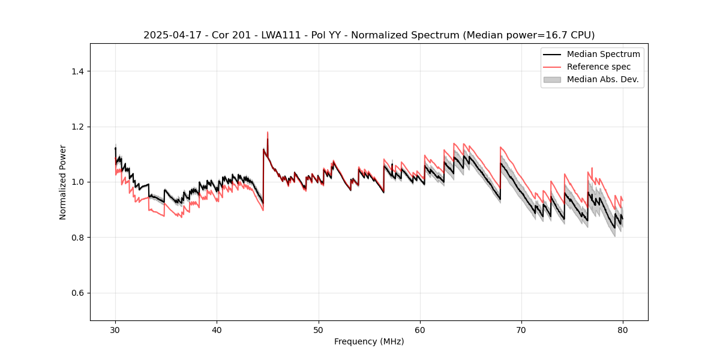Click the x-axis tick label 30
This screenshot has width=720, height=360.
click(115, 330)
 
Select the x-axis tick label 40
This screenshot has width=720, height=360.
click(217, 330)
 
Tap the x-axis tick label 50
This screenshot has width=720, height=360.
click(319, 330)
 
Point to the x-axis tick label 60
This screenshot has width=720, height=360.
click(420, 330)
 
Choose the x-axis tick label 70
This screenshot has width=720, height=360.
click(521, 330)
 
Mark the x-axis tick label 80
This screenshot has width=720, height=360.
click(623, 330)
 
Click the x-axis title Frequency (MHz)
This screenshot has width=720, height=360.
click(369, 342)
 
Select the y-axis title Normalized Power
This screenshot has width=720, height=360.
click(63, 182)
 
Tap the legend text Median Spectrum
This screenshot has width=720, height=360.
click(603, 54)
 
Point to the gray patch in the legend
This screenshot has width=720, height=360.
click(552, 79)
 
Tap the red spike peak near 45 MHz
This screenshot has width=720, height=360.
click(268, 132)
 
